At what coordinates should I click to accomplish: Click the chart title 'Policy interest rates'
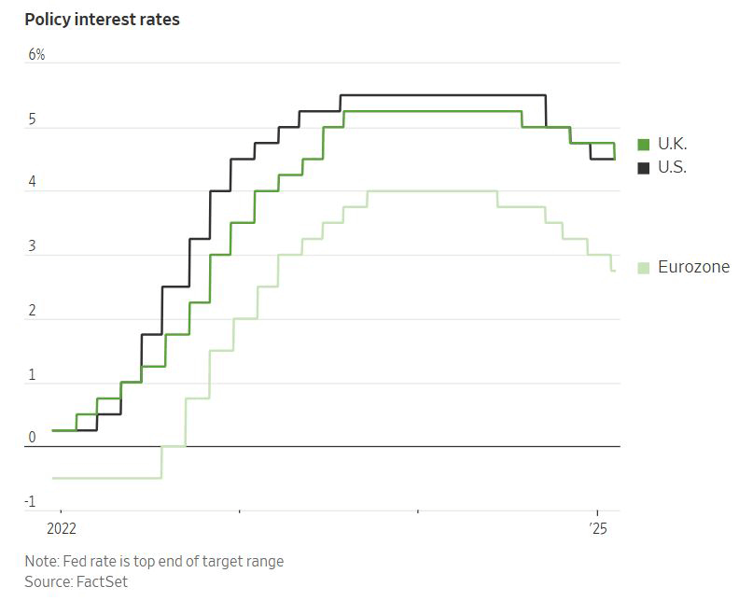103,20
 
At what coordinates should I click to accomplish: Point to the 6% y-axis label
36,55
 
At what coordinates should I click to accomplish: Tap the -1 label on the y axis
30,502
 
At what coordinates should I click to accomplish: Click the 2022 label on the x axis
61,528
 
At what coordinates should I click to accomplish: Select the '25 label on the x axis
598,528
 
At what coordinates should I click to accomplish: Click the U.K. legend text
672,144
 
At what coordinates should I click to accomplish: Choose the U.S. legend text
672,168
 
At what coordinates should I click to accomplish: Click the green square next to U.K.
644,144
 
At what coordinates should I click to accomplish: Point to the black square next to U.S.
644,168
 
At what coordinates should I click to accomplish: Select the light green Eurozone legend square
644,268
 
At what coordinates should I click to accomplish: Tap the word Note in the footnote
40,561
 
